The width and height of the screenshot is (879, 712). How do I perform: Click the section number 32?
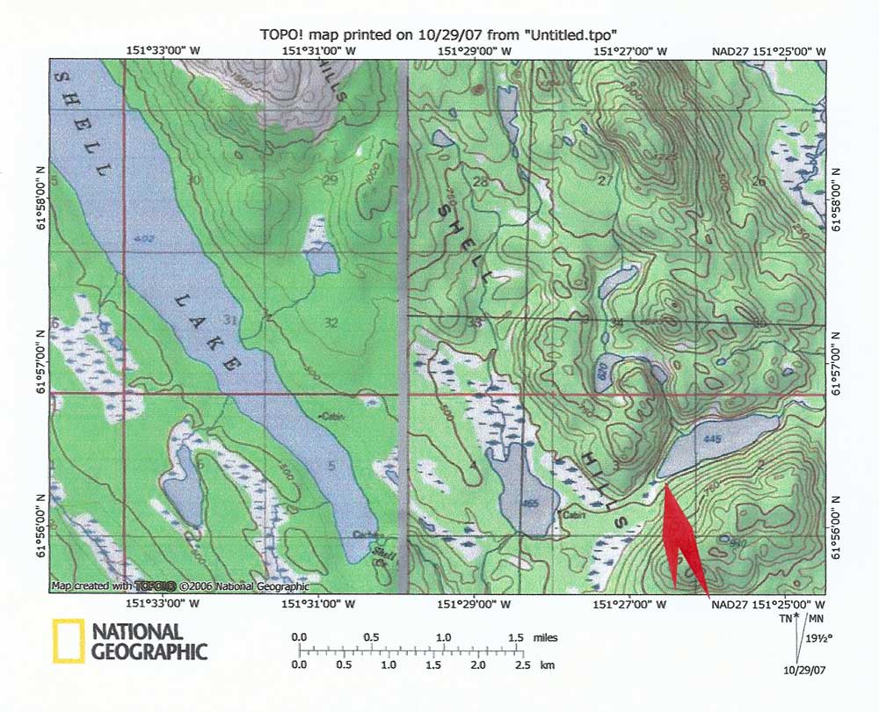coord(331,323)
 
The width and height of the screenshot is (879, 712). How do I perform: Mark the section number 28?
coord(480,183)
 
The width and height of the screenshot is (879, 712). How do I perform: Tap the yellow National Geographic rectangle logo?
coord(69,640)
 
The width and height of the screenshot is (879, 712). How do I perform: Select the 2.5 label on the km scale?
coord(522,666)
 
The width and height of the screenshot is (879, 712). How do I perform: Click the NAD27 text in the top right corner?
coord(729,52)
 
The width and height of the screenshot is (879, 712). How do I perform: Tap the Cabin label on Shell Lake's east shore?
coord(331,416)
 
